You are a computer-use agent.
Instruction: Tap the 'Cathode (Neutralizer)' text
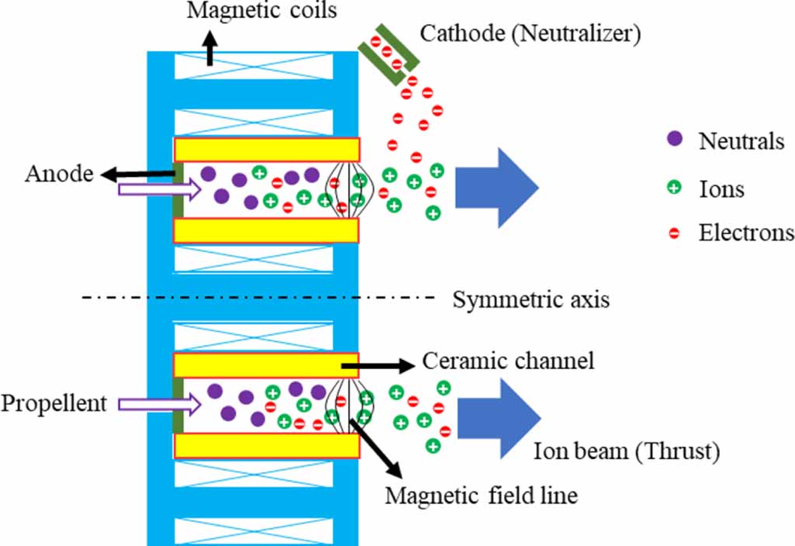(x=531, y=34)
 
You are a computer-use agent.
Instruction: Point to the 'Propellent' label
(x=54, y=404)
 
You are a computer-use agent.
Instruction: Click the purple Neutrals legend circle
(x=674, y=140)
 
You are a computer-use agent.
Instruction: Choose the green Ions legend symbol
(x=674, y=187)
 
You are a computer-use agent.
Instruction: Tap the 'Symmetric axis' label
(x=531, y=299)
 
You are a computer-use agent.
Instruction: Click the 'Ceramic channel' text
(x=508, y=361)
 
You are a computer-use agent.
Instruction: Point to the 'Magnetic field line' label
(x=481, y=495)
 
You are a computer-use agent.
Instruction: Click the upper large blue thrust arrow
(x=496, y=186)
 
